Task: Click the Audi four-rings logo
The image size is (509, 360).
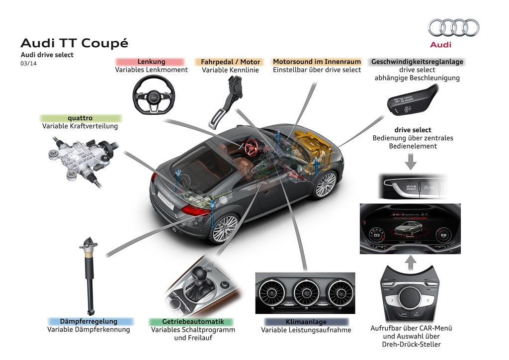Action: (x=454, y=27)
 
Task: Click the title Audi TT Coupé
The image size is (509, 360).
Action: (x=74, y=43)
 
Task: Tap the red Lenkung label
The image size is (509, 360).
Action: (x=151, y=62)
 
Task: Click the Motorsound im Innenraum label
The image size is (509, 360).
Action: (x=317, y=62)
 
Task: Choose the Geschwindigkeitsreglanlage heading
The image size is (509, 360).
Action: (x=417, y=62)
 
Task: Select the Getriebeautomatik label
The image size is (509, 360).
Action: (x=190, y=322)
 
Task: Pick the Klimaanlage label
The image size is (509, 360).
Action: (x=306, y=322)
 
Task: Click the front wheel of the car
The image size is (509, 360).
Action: (x=326, y=185)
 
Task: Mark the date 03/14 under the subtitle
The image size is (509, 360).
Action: (x=28, y=63)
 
